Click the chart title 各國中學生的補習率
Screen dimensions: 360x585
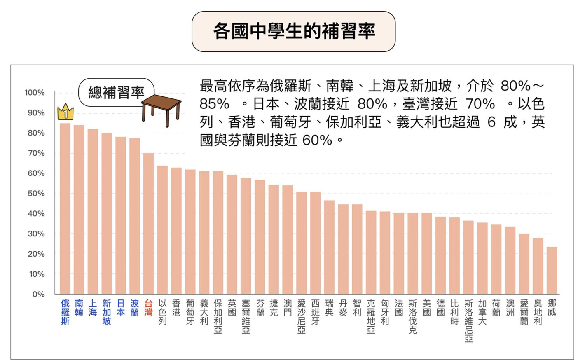tap(293, 31)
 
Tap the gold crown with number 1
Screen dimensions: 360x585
tap(66, 112)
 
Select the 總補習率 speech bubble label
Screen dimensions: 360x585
tap(116, 92)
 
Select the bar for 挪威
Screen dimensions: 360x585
tap(552, 270)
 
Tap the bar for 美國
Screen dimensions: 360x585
tap(427, 253)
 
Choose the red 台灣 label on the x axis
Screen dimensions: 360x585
tap(148, 308)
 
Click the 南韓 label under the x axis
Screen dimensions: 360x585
tap(79, 308)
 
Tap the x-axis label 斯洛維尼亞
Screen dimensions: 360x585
tap(468, 321)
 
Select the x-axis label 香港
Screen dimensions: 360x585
tap(176, 308)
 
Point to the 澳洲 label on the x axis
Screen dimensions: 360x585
tap(510, 308)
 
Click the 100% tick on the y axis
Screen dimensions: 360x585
tap(35, 93)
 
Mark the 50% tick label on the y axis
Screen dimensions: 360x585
tap(36, 194)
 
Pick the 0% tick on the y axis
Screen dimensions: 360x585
tap(38, 294)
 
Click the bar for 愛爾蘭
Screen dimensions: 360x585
tap(524, 264)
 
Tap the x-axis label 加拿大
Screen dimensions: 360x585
tap(482, 312)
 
